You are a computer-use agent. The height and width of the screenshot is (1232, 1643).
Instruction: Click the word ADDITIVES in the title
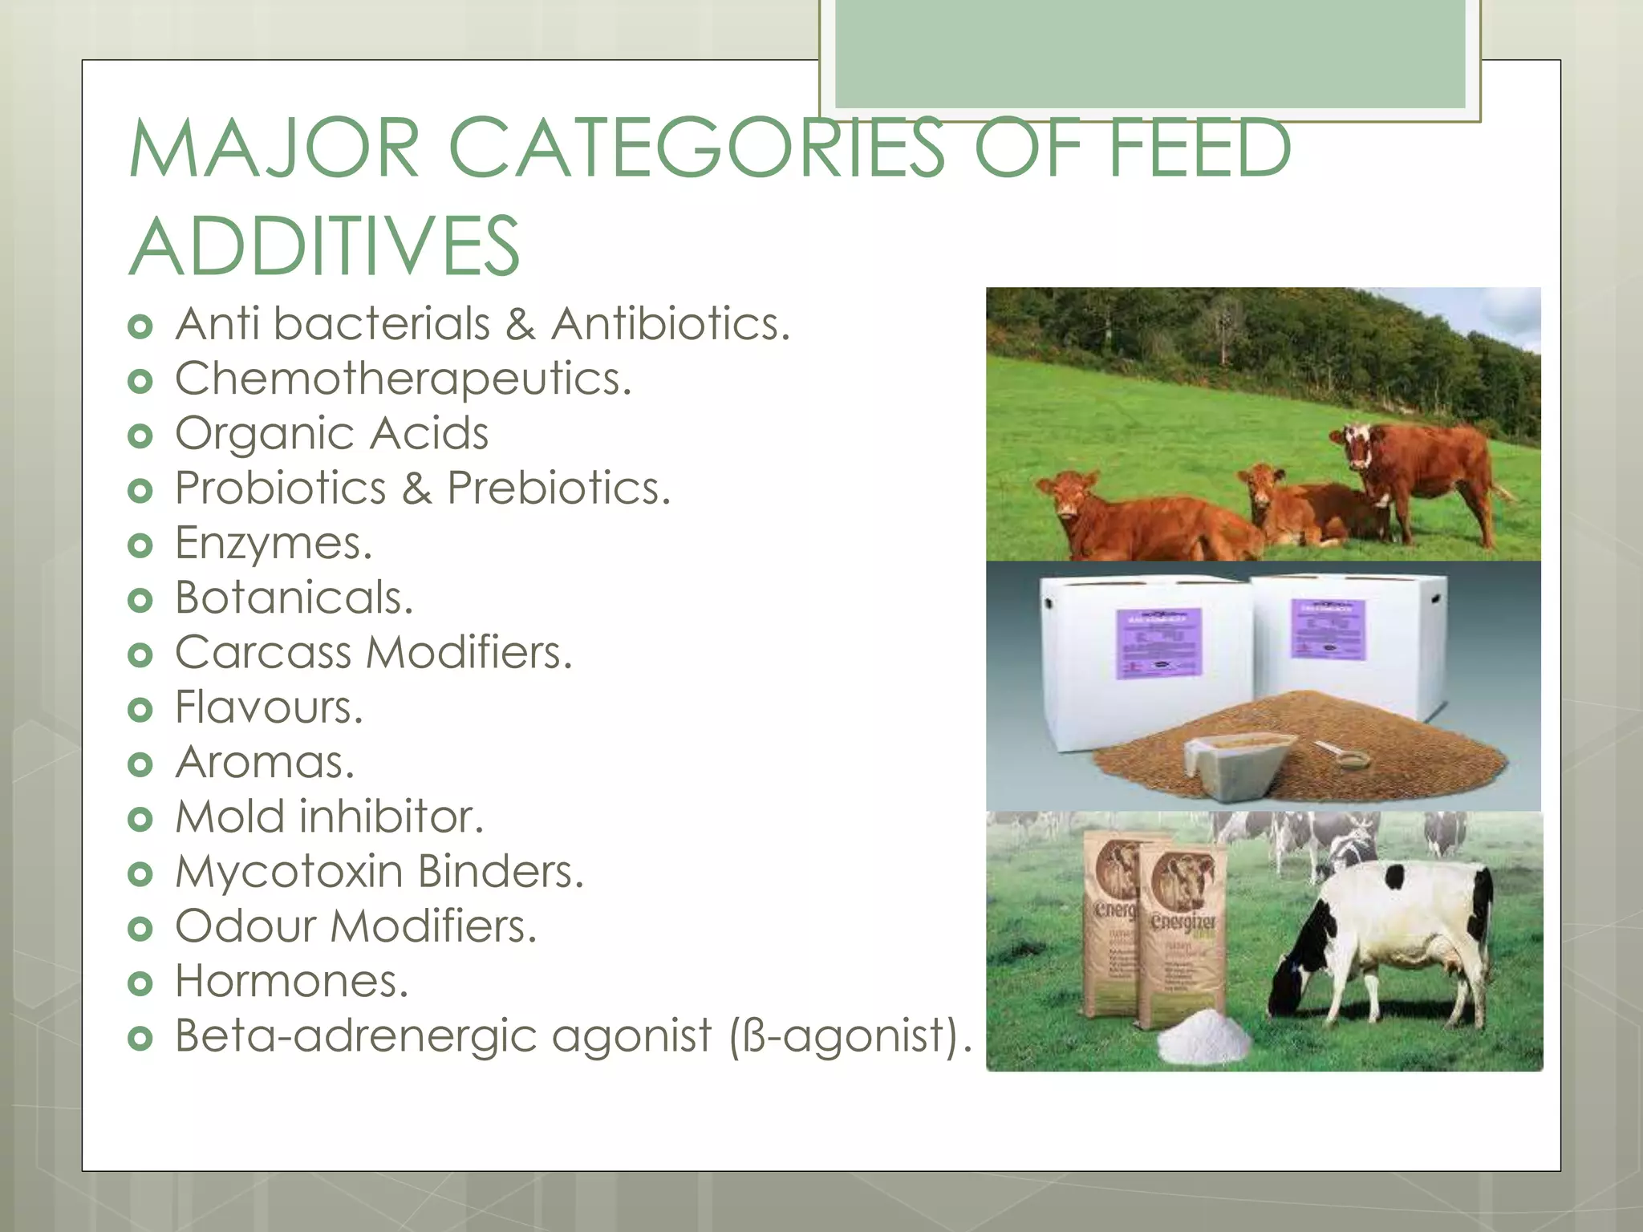tap(324, 246)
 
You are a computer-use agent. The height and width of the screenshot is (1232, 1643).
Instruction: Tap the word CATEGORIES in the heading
tap(696, 148)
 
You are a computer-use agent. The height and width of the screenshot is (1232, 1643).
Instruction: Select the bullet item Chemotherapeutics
tap(404, 379)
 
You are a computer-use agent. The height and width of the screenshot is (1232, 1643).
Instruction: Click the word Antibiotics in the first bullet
tap(670, 324)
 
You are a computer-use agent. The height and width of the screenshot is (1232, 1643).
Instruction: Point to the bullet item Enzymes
tap(274, 543)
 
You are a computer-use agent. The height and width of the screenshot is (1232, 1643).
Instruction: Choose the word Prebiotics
tap(558, 488)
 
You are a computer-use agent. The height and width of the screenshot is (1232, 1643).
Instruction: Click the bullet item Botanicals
tap(294, 598)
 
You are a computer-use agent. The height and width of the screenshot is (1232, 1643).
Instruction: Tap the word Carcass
tap(263, 652)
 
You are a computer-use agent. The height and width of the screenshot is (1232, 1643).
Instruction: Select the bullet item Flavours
tap(269, 707)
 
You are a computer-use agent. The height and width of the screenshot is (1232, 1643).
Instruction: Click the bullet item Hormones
tap(291, 981)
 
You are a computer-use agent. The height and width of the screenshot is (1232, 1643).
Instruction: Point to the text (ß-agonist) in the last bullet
tap(850, 1035)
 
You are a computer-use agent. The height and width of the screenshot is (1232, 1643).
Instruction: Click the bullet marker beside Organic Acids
tap(140, 436)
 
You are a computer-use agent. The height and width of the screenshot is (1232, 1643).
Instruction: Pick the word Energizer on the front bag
tap(1183, 922)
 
